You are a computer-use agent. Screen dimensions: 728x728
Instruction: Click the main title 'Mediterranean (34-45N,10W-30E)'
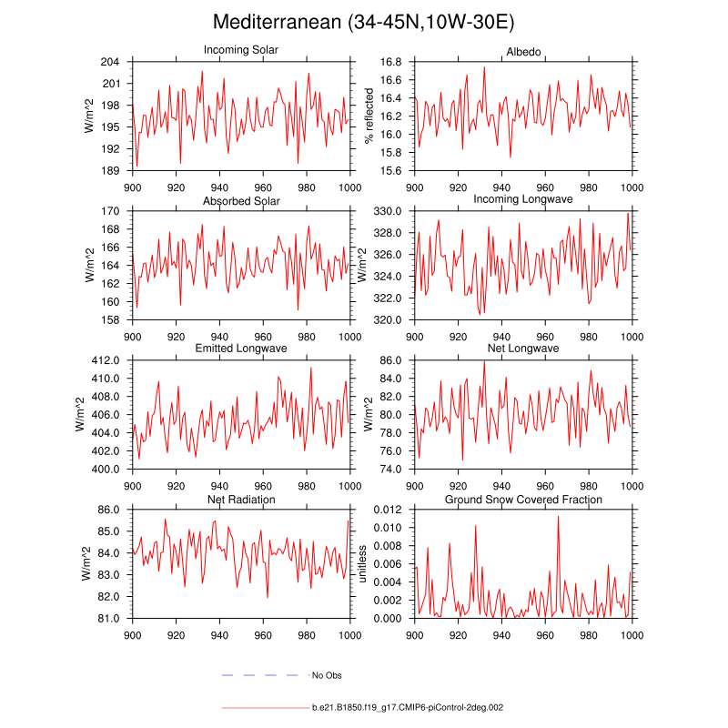[364, 21]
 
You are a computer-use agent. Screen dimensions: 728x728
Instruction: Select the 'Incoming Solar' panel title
[241, 50]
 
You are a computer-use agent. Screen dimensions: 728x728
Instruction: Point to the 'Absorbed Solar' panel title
[241, 200]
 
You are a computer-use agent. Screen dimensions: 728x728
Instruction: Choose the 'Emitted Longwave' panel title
[241, 349]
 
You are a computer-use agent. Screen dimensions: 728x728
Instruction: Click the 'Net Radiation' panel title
[241, 500]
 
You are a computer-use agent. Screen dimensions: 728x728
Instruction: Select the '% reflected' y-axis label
[369, 116]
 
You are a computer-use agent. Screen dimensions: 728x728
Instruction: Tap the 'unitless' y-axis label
[361, 564]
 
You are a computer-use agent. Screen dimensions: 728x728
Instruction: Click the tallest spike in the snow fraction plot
[558, 517]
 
